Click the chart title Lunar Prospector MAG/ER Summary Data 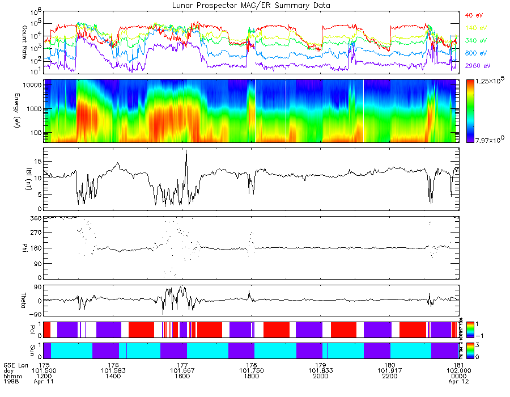(251, 5)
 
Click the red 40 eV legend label (473, 15)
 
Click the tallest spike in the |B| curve (186, 151)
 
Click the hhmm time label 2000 (321, 377)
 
